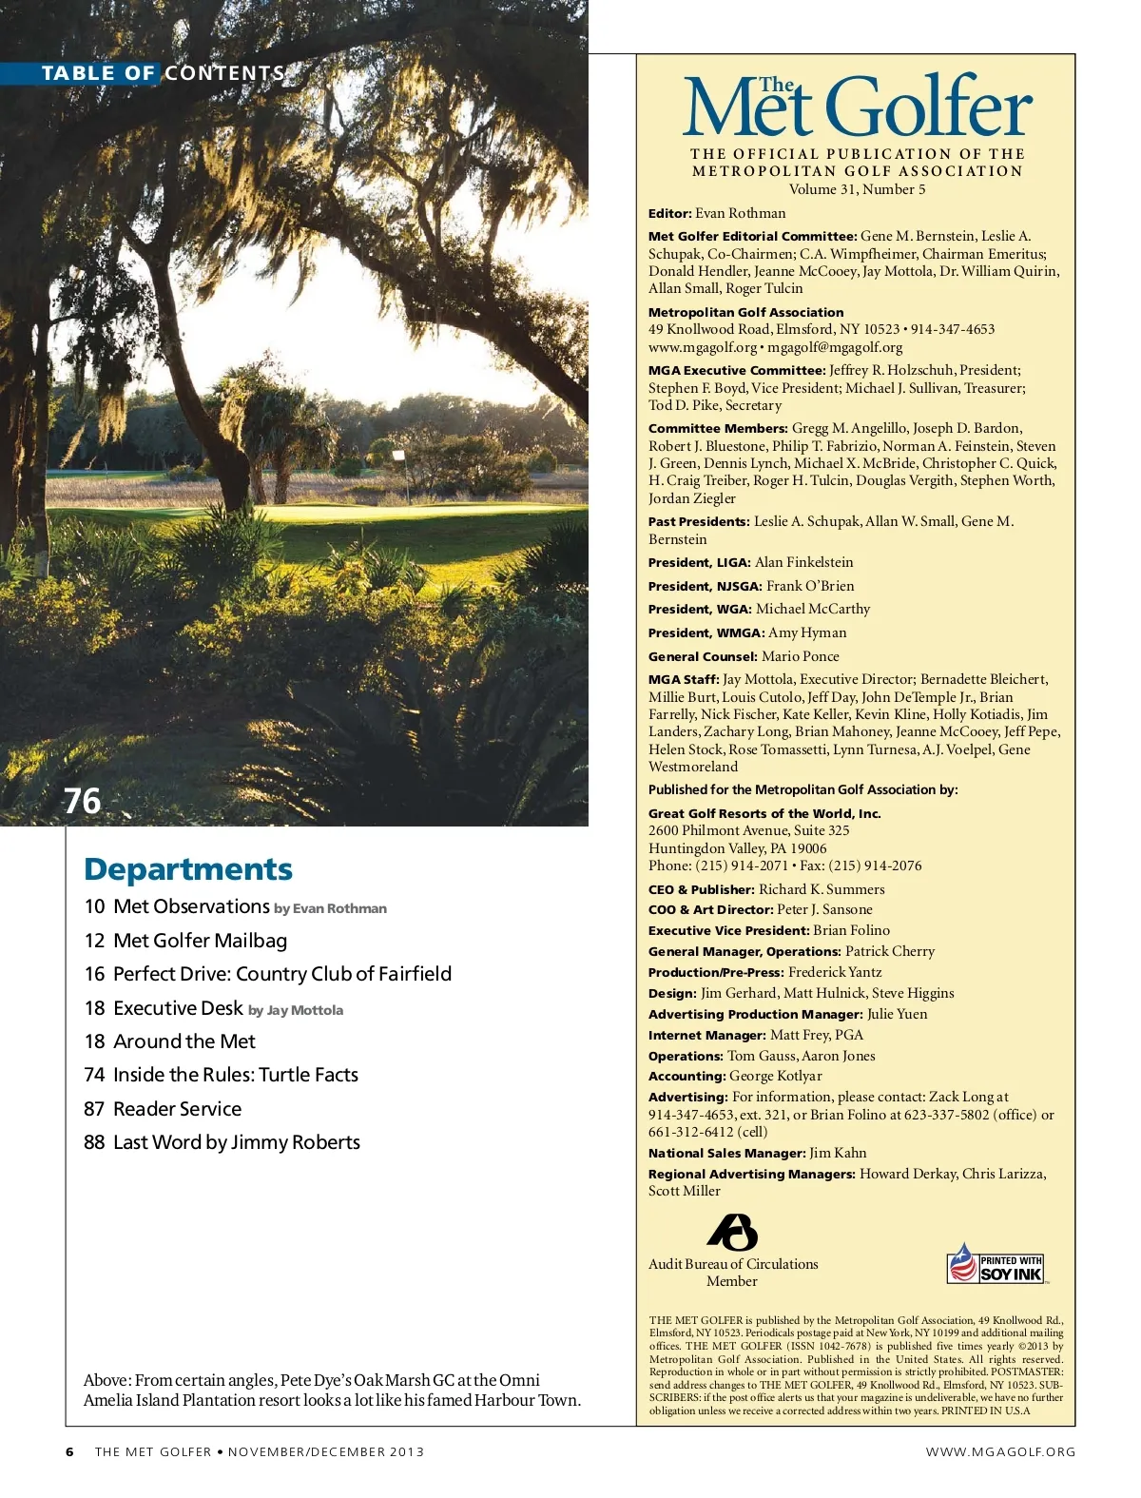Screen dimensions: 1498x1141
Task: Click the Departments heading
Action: [x=188, y=869]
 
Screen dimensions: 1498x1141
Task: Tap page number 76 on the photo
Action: [x=82, y=801]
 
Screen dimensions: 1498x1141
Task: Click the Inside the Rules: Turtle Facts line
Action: [x=235, y=1075]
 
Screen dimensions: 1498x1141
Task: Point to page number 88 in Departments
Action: [x=94, y=1142]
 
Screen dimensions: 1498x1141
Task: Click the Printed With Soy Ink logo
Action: [x=996, y=1266]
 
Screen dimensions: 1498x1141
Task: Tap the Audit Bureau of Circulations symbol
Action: [x=732, y=1232]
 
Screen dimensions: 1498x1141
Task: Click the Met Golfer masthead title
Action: [x=857, y=107]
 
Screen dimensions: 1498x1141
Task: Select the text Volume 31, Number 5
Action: [x=857, y=189]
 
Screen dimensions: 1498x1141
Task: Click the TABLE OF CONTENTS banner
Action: [x=163, y=73]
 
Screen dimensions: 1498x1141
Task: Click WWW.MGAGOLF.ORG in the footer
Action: [x=1000, y=1451]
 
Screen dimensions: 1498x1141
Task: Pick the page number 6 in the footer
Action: [x=69, y=1451]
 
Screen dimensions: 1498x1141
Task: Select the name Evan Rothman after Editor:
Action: [x=740, y=213]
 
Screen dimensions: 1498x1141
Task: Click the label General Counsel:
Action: [x=703, y=656]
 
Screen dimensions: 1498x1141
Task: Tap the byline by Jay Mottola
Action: [x=296, y=1010]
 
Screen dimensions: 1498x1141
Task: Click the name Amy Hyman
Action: [x=807, y=632]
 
